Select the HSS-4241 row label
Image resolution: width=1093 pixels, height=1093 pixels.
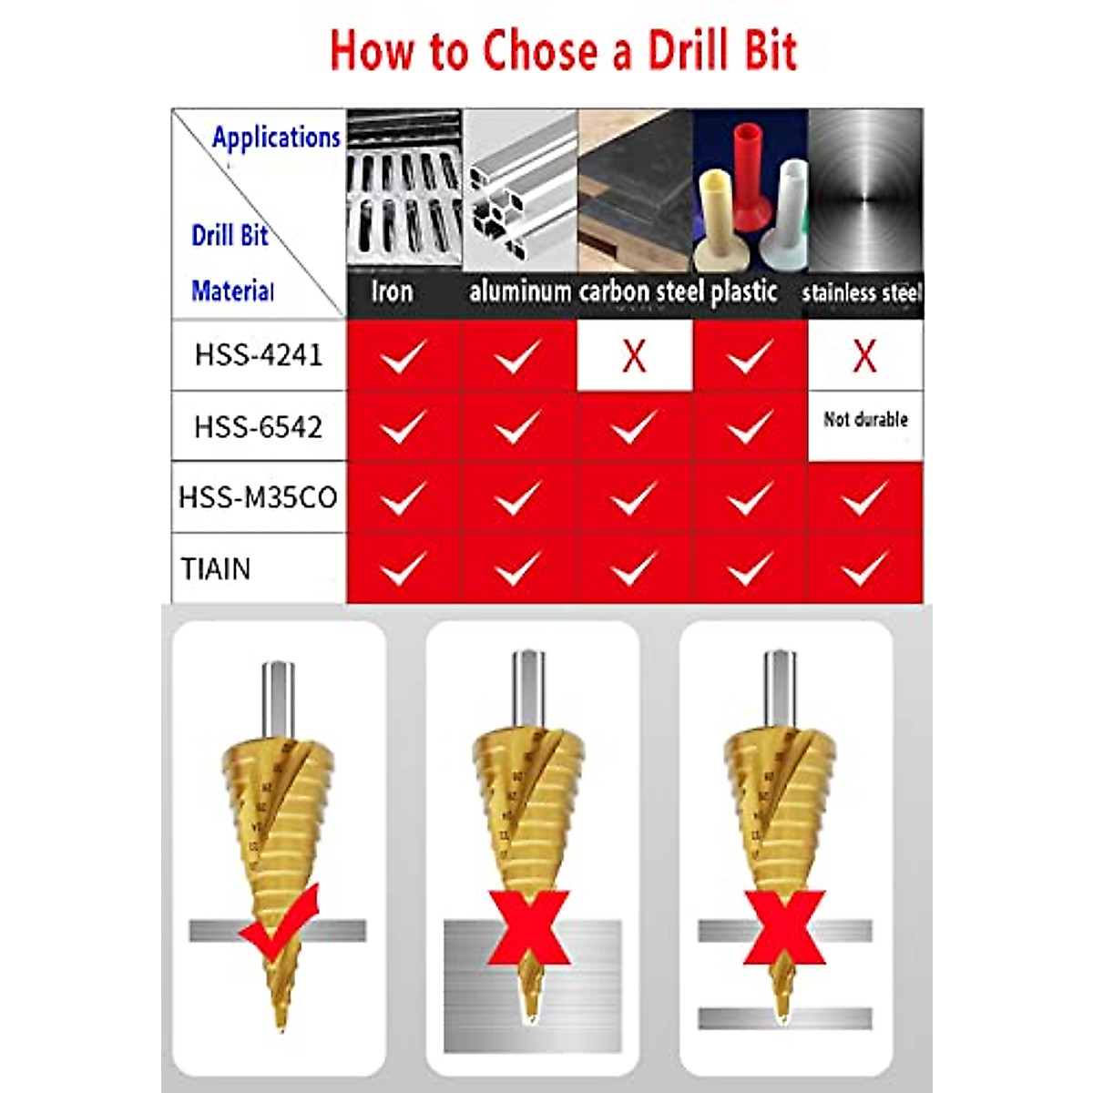point(259,354)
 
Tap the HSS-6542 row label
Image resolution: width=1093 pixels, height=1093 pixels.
point(259,426)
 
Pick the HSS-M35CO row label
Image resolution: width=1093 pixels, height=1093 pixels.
point(259,497)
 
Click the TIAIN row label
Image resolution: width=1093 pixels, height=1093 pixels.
point(216,569)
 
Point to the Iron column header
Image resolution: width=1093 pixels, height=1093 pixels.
point(392,292)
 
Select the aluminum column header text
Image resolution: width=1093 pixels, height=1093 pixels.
point(520,292)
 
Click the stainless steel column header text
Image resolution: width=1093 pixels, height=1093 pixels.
point(862,293)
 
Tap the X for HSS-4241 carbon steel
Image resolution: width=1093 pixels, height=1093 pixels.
point(634,356)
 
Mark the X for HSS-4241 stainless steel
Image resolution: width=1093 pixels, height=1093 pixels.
point(864,356)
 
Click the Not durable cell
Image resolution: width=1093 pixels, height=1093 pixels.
point(865,420)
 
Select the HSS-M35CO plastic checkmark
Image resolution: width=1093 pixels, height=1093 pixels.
point(750,498)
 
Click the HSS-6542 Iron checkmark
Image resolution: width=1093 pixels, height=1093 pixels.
point(403,426)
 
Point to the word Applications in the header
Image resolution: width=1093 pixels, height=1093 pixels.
point(276,138)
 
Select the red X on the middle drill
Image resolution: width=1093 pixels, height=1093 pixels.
point(529,928)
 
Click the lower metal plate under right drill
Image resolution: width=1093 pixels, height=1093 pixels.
point(785,1018)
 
